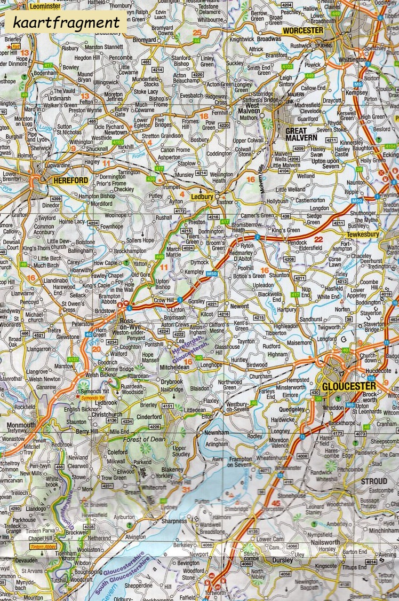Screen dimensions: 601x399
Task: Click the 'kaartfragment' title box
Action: pyautogui.click(x=66, y=23)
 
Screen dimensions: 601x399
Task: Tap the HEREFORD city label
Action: pyautogui.click(x=70, y=181)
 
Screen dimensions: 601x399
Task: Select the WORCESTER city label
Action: pyautogui.click(x=303, y=30)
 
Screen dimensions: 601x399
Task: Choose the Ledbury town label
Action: pyautogui.click(x=202, y=197)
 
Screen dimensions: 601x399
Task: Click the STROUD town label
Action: pyautogui.click(x=374, y=481)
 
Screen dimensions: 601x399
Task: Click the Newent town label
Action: pyautogui.click(x=240, y=307)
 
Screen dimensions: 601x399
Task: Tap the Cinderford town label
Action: pyautogui.click(x=150, y=417)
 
